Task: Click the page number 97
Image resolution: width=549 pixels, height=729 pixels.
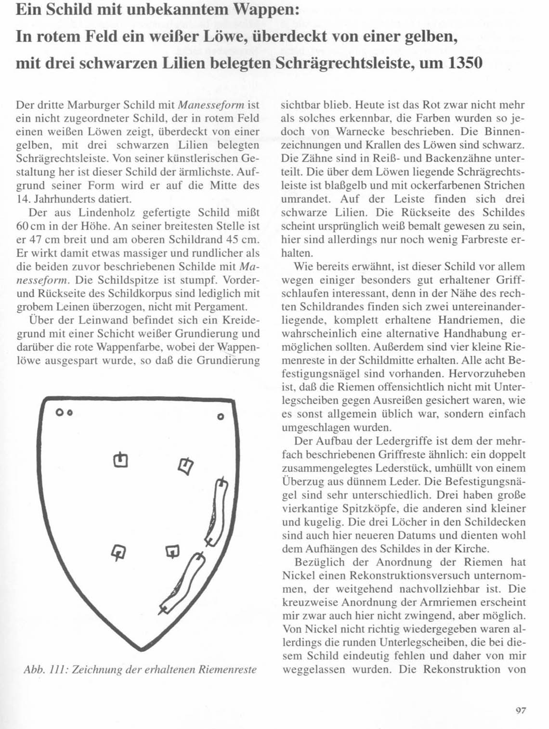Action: click(521, 710)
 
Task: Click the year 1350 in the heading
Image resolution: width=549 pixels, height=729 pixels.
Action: click(464, 63)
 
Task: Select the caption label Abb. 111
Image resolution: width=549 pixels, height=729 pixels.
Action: click(45, 669)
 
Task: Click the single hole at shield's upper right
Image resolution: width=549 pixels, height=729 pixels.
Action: click(221, 417)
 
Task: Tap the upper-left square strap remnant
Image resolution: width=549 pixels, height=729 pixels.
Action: click(120, 460)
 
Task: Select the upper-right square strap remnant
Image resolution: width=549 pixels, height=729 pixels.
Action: click(185, 465)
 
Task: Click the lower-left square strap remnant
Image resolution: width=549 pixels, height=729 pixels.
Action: click(118, 552)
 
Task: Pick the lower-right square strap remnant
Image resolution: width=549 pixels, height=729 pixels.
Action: click(172, 551)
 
